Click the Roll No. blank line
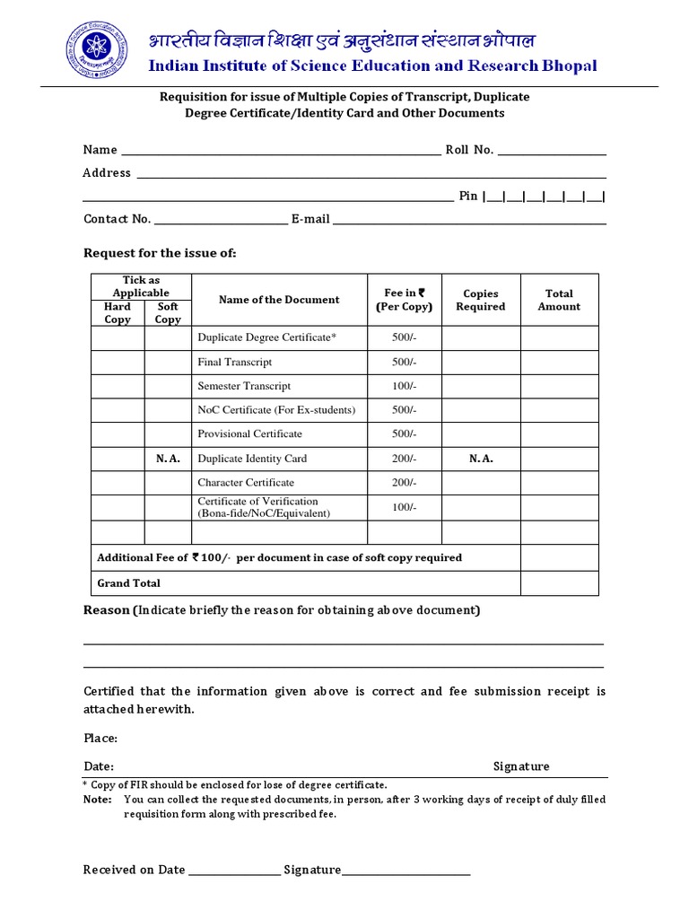552,151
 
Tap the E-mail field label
310,219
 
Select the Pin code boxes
545,197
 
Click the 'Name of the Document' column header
279,300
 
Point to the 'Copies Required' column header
480,300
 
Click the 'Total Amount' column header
559,300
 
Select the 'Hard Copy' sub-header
118,312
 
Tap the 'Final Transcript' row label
234,362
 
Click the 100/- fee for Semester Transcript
404,386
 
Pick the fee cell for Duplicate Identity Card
404,459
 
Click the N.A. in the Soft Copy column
168,459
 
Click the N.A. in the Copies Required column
481,459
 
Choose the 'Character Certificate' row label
245,483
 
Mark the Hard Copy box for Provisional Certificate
118,434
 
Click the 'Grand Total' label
128,583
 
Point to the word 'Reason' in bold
107,610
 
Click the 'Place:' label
100,739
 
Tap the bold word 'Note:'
97,799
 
